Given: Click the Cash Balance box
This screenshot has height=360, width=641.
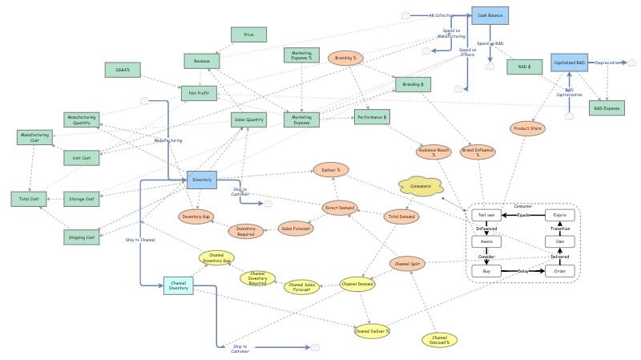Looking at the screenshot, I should (490, 15).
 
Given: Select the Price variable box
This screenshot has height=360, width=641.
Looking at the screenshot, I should (248, 34).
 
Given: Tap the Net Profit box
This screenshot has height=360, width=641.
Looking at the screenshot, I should (199, 93).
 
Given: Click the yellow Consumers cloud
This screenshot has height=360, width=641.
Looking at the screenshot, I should (420, 185).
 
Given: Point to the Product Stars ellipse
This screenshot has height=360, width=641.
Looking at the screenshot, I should (527, 128).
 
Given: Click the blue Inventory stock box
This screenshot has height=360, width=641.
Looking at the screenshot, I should (202, 180).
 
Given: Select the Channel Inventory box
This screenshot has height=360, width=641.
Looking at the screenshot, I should (179, 285).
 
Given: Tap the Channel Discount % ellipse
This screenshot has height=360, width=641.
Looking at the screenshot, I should (439, 340).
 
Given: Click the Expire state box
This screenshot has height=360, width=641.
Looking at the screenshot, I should (560, 216).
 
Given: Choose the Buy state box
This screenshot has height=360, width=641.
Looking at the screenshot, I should (486, 271).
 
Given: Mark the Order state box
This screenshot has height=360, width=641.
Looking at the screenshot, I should (560, 271).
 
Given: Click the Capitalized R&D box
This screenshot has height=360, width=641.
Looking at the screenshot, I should (570, 63).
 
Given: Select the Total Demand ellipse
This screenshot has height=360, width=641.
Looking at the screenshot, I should (401, 216).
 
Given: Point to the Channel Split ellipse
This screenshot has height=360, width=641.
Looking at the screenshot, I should (408, 264).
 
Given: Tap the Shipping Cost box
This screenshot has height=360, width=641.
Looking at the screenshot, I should (82, 237).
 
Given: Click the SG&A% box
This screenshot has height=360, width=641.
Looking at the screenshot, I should (123, 71).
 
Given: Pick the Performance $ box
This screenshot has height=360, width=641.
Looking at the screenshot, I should (372, 117).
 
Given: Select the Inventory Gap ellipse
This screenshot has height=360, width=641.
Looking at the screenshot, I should (196, 216).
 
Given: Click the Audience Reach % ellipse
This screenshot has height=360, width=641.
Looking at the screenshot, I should (433, 152).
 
